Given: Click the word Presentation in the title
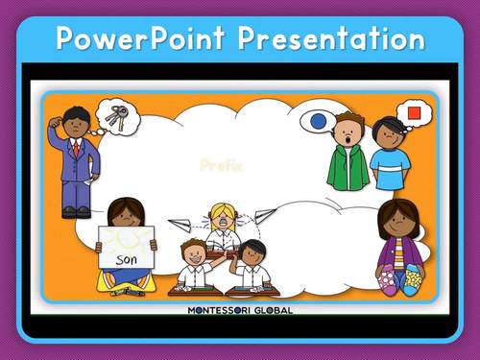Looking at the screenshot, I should pos(330,38).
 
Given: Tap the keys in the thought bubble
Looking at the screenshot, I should pos(117,116).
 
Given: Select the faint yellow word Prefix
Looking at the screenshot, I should pos(221,165).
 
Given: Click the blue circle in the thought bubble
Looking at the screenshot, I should pos(317,122).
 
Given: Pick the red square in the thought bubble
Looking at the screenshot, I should pos(415,113).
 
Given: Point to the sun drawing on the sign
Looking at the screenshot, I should pos(125,238).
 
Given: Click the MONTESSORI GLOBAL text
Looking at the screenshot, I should pos(240,310).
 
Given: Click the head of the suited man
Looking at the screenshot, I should pos(76,122).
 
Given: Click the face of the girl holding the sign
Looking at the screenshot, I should pos(126,214).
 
